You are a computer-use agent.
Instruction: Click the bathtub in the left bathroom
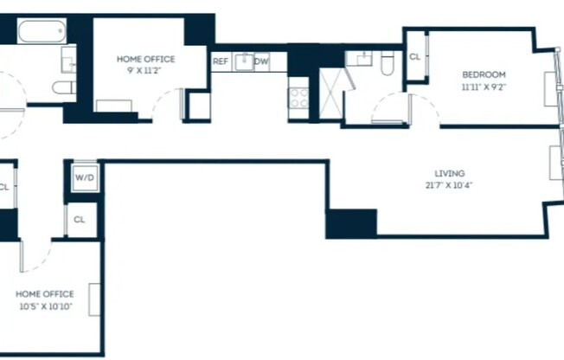(41, 33)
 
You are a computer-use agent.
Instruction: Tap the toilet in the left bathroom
(63, 87)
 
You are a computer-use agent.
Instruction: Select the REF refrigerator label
(221, 61)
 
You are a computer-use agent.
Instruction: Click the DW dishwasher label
(261, 61)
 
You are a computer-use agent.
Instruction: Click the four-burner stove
(298, 97)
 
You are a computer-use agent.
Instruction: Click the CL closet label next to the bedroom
(415, 56)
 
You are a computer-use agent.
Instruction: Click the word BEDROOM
(484, 74)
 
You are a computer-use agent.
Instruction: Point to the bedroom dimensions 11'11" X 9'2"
(484, 87)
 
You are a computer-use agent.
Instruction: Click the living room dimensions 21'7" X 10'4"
(445, 184)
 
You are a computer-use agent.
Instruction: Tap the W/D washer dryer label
(85, 178)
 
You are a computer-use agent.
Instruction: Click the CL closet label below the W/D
(80, 220)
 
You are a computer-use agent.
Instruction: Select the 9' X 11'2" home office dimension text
(145, 72)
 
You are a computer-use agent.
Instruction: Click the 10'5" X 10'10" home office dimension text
(45, 306)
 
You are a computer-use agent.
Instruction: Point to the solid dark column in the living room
(350, 223)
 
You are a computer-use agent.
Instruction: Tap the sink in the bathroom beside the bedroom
(360, 59)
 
